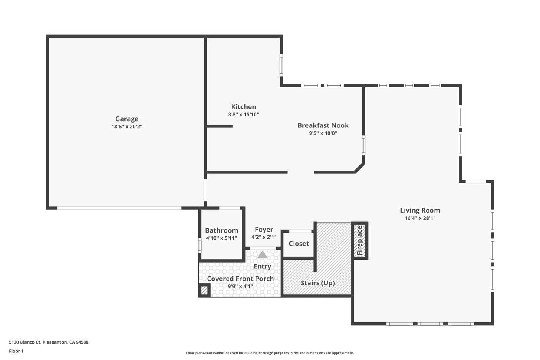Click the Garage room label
pyautogui.click(x=127, y=119)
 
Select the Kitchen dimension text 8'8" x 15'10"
pyautogui.click(x=243, y=114)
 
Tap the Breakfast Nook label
pyautogui.click(x=323, y=125)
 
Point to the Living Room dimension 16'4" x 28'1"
pyautogui.click(x=420, y=218)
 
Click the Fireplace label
pyautogui.click(x=359, y=241)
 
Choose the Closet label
pyautogui.click(x=299, y=244)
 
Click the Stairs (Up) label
pyautogui.click(x=318, y=283)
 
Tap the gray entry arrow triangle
pyautogui.click(x=262, y=254)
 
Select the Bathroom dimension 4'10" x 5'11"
pyautogui.click(x=221, y=238)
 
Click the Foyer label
pyautogui.click(x=264, y=230)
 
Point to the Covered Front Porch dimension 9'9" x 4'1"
pyautogui.click(x=240, y=287)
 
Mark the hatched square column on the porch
pyautogui.click(x=204, y=290)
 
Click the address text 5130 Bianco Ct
pyautogui.click(x=25, y=342)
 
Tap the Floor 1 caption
pyautogui.click(x=16, y=351)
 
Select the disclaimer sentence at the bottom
pyautogui.click(x=270, y=353)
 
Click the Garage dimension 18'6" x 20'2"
pyautogui.click(x=127, y=127)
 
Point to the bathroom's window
pyautogui.click(x=200, y=246)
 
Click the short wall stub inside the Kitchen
pyautogui.click(x=220, y=126)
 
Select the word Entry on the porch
pyautogui.click(x=262, y=266)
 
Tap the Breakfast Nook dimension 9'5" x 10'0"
pyautogui.click(x=323, y=133)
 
